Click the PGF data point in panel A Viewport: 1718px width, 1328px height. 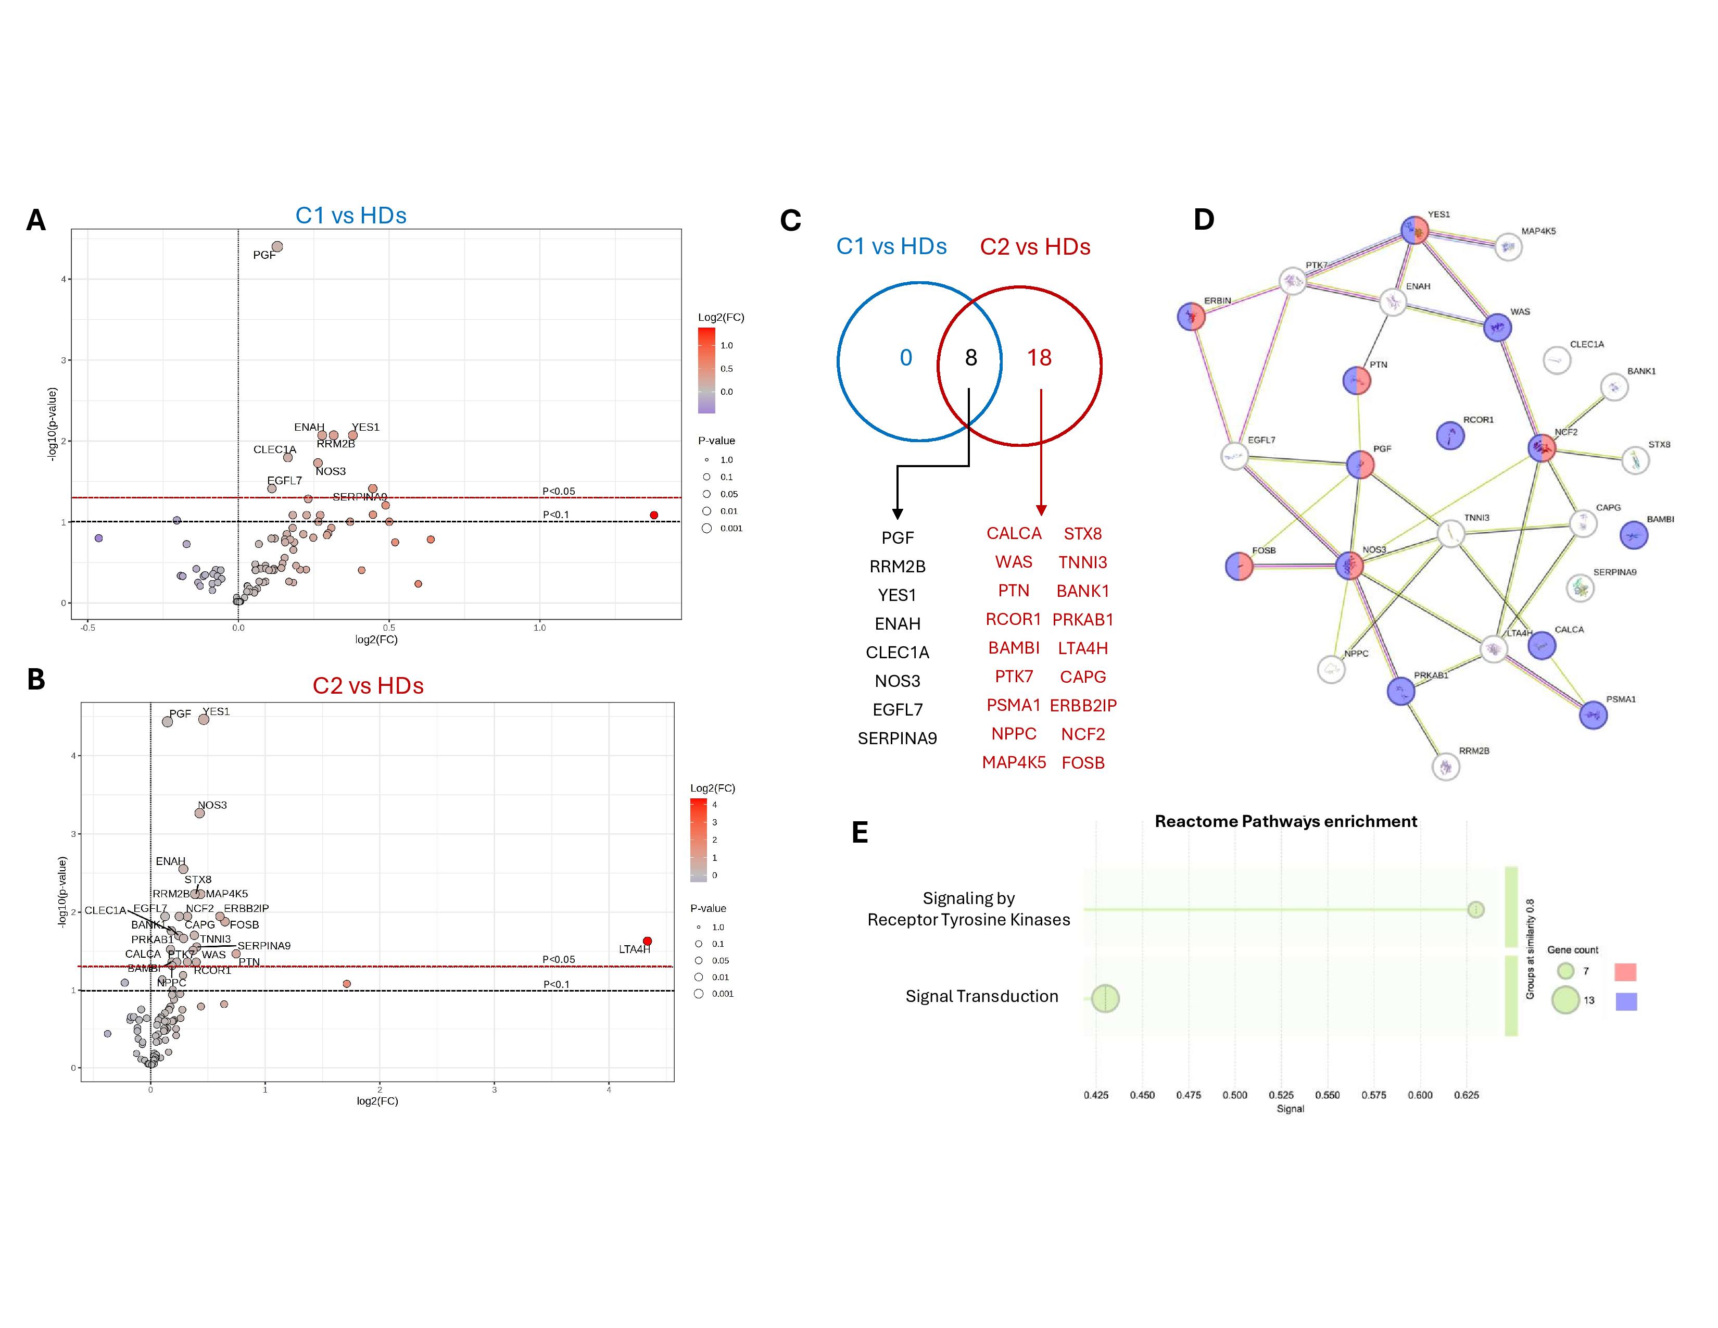(x=277, y=247)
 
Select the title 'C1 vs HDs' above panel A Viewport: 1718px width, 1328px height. (x=351, y=216)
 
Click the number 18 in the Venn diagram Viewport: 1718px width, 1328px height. (x=1039, y=358)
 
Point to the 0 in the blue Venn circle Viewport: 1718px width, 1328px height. (x=906, y=358)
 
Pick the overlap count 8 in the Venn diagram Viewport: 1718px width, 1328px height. (x=971, y=358)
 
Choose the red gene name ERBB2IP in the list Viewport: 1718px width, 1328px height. (x=1083, y=706)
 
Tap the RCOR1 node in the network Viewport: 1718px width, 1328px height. (x=1450, y=435)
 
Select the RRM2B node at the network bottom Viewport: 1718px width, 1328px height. (x=1446, y=766)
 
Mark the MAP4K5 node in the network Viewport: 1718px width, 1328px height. (x=1508, y=246)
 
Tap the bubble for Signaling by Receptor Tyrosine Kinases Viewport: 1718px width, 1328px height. (x=1476, y=909)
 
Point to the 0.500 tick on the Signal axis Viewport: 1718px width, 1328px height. (x=1235, y=1095)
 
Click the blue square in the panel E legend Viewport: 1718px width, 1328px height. (x=1625, y=1001)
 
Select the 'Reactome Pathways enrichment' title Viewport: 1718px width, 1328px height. (x=1285, y=821)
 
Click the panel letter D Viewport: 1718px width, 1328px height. (x=1204, y=219)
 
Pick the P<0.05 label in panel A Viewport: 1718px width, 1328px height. (x=559, y=491)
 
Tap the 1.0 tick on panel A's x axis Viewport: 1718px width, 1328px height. (x=540, y=628)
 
